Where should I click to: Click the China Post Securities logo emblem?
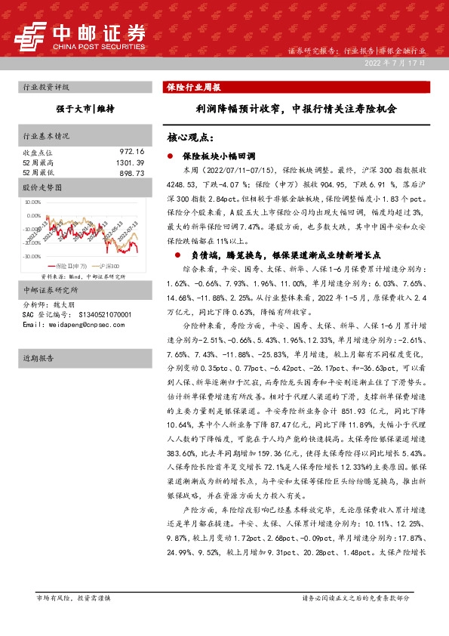pos(34,34)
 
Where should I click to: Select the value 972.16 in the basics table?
pos(131,152)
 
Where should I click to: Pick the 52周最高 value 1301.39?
pos(129,162)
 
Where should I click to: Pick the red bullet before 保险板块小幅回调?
pos(171,155)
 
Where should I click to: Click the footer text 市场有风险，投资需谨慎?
pos(73,598)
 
